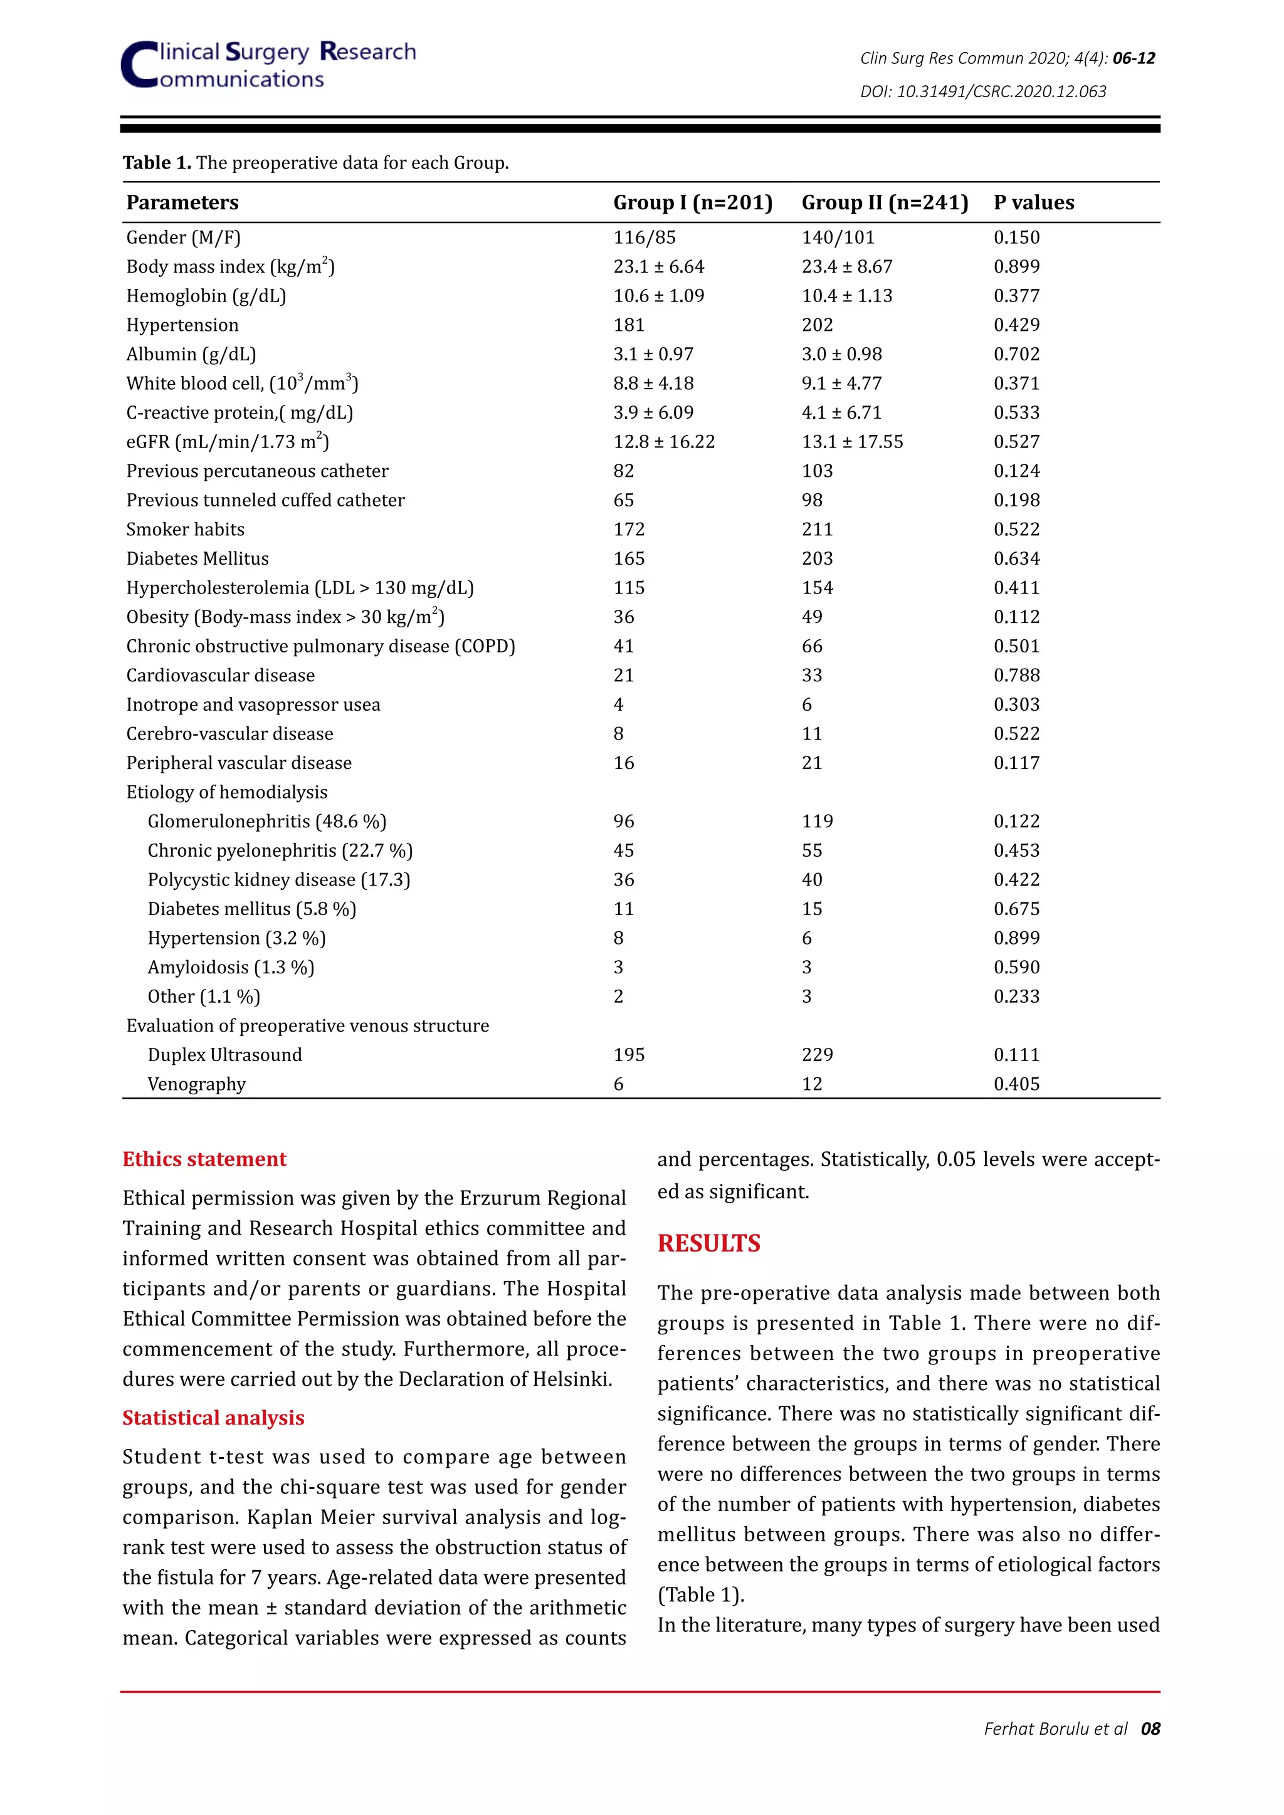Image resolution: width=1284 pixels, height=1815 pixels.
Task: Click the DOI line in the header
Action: (x=983, y=92)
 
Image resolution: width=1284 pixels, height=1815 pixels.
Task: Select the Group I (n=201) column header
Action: (x=693, y=202)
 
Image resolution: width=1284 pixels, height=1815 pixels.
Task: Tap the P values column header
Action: (x=1033, y=202)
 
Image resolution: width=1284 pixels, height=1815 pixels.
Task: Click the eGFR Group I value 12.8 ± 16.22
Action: (x=663, y=442)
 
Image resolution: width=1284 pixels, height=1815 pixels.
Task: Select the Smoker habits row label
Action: (x=185, y=530)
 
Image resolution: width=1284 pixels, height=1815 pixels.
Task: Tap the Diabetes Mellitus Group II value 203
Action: (x=817, y=559)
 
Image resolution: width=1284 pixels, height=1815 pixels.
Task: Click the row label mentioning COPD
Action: (x=320, y=647)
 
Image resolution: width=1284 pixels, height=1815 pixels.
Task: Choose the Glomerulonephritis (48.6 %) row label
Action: (x=266, y=822)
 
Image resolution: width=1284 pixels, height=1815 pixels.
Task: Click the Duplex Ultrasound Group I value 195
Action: (x=629, y=1055)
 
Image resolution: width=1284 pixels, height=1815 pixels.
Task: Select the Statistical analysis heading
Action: (x=213, y=1418)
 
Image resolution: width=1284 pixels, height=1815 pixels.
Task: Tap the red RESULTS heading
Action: (x=708, y=1243)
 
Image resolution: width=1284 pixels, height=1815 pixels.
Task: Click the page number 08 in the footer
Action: (x=1150, y=1729)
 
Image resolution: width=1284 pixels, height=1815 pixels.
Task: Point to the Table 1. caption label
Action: (x=157, y=163)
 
